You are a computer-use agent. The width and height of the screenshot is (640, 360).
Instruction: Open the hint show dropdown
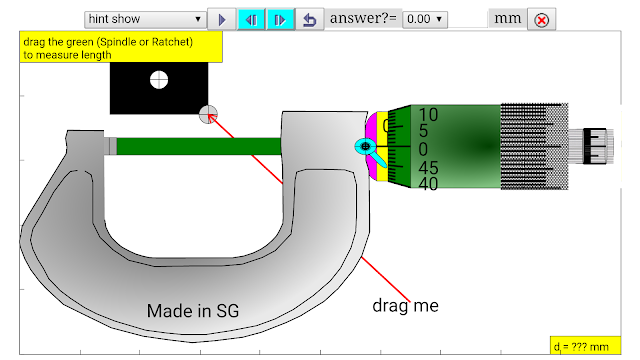145,19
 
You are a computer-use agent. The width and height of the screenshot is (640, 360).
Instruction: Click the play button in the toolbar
222,19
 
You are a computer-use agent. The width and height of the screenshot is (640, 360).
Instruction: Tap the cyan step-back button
251,19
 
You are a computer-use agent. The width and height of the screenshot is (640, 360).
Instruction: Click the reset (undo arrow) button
310,19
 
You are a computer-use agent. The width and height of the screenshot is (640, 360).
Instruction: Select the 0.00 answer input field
425,19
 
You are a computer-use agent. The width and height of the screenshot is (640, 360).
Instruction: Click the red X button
542,20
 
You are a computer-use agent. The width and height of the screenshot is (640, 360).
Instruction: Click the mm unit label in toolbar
508,18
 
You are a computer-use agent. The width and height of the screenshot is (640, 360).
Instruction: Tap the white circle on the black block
159,80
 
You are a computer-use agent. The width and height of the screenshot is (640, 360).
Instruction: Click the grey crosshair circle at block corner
208,114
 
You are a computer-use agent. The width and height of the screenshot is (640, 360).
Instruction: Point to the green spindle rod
199,146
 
